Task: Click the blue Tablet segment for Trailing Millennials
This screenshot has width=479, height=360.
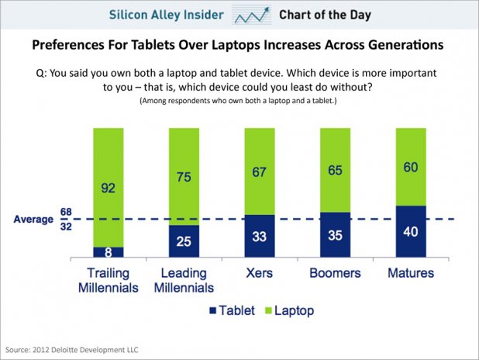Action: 108,251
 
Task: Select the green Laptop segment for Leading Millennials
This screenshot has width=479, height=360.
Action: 184,175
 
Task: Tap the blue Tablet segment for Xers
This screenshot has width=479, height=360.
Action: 260,236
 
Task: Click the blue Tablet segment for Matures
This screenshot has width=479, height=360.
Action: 411,231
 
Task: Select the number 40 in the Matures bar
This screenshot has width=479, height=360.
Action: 411,231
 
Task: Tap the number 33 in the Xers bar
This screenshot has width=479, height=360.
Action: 260,237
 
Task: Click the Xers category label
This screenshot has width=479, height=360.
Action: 260,273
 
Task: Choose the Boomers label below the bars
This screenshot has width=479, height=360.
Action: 336,273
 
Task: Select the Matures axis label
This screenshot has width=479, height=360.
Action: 411,273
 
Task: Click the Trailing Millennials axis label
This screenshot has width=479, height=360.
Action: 108,280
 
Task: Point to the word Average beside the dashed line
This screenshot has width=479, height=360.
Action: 33,220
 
